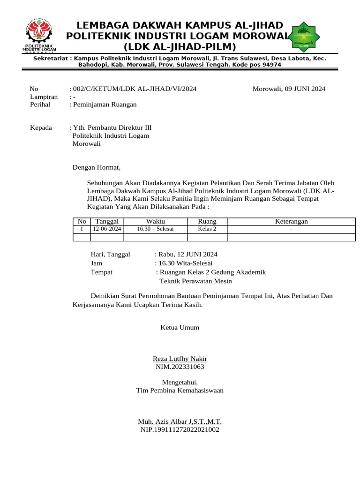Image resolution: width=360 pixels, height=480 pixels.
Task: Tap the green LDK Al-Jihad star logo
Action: pyautogui.click(x=305, y=35)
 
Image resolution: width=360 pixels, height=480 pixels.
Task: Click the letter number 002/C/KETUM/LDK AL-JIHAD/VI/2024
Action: pyautogui.click(x=134, y=89)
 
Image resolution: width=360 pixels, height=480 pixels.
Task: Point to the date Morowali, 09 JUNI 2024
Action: pyautogui.click(x=289, y=89)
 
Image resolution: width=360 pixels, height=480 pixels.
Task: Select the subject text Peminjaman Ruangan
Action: pyautogui.click(x=105, y=105)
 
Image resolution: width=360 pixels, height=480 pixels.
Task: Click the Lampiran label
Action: pyautogui.click(x=44, y=97)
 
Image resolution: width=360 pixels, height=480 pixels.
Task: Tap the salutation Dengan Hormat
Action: pyautogui.click(x=96, y=167)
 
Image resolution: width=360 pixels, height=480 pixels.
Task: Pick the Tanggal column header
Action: pyautogui.click(x=107, y=221)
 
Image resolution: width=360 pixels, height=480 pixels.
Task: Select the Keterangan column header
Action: pyautogui.click(x=291, y=221)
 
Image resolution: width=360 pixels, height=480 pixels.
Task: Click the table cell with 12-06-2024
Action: pyautogui.click(x=107, y=229)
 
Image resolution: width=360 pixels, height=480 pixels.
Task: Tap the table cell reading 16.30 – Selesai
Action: pyautogui.click(x=155, y=229)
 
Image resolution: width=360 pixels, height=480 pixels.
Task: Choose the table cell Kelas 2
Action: pyautogui.click(x=207, y=229)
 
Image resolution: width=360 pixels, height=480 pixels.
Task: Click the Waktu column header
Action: pyautogui.click(x=155, y=221)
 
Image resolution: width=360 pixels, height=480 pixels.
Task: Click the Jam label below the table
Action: pyautogui.click(x=97, y=263)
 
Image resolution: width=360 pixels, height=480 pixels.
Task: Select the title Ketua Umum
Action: pyautogui.click(x=180, y=327)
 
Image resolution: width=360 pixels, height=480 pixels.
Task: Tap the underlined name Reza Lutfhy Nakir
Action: pyautogui.click(x=180, y=359)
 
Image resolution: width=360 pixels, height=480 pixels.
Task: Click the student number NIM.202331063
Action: pyautogui.click(x=180, y=367)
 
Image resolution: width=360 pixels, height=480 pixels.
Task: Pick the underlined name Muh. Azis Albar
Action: pyautogui.click(x=180, y=421)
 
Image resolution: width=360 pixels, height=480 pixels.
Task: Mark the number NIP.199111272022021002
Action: pyautogui.click(x=180, y=429)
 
